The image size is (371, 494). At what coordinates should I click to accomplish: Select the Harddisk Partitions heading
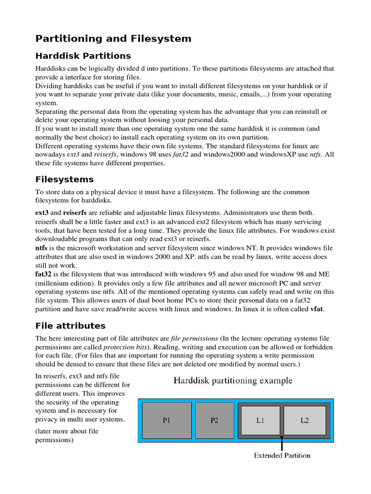coord(83,56)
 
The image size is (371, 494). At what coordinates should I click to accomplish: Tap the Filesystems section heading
coord(65,179)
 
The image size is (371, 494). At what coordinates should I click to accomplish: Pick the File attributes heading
coord(71,326)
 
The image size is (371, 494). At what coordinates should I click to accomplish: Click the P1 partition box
coord(167,420)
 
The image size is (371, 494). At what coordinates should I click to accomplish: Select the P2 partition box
coord(214,420)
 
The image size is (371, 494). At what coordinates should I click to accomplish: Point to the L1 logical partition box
coord(260,420)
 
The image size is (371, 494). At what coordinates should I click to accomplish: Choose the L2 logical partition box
coord(304,420)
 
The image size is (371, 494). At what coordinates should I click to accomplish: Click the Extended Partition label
coord(282,455)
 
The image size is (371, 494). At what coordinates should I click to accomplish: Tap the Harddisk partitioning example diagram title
coord(233,381)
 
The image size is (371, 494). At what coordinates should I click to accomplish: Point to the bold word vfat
coord(316,309)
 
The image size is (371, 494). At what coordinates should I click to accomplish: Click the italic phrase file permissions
coord(194,339)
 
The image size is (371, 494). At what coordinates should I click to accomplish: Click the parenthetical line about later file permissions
coord(67,436)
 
